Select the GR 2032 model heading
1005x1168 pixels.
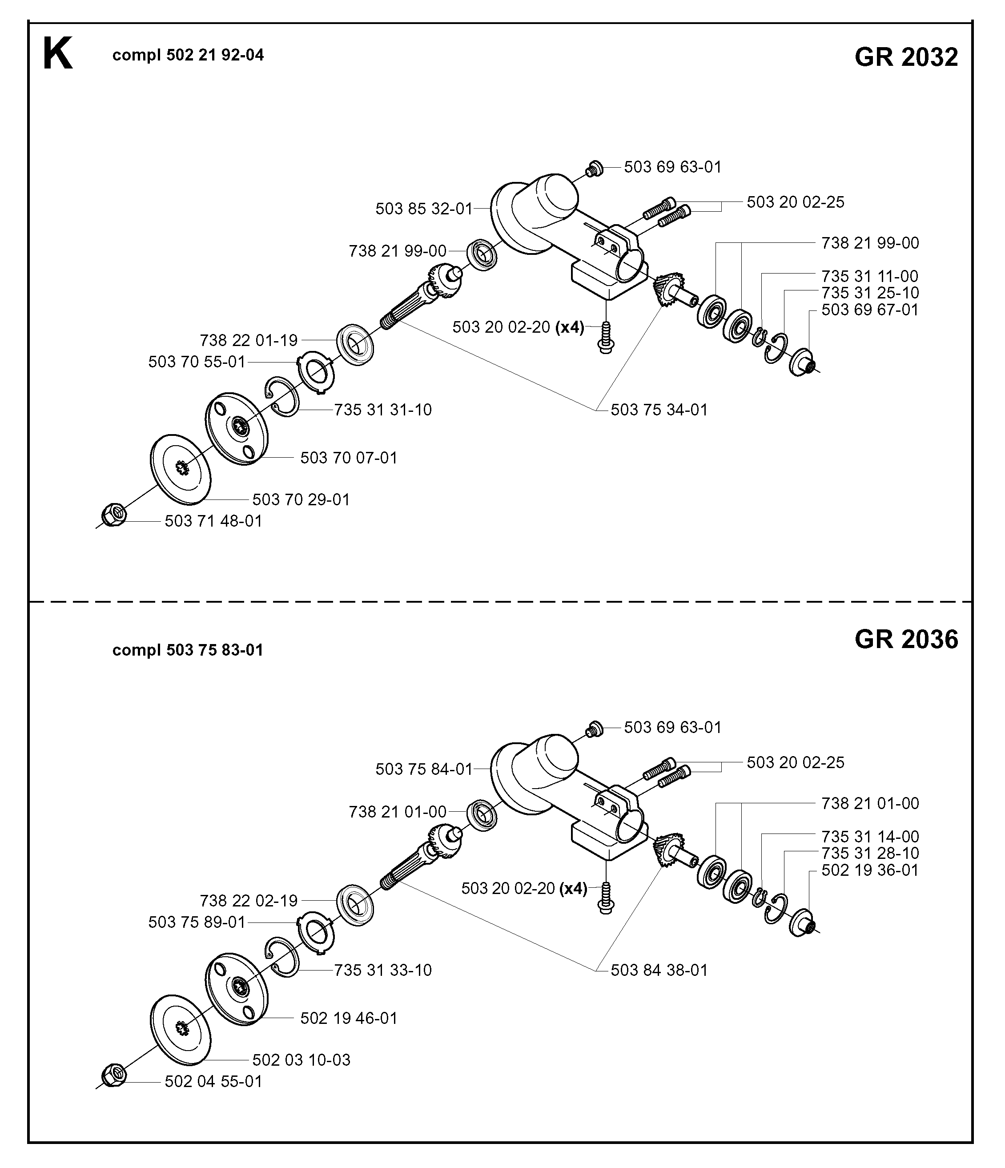906,57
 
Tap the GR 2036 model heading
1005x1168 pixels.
906,639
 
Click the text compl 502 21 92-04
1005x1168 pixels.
188,55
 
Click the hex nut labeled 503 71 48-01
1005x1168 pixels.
114,514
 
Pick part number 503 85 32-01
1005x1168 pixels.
424,209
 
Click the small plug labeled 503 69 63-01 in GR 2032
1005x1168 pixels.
595,168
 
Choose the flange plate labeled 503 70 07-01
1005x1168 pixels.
236,428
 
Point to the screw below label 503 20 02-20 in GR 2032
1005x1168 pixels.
606,338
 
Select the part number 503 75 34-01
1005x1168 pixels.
659,409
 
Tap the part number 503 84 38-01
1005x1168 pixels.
659,970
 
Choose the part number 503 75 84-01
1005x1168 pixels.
424,769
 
